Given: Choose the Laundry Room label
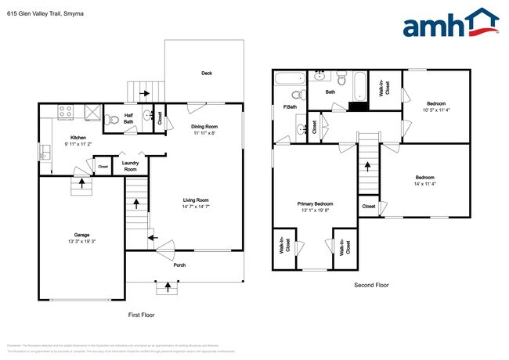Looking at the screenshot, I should click(x=129, y=166).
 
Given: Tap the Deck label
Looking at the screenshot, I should click(x=207, y=74).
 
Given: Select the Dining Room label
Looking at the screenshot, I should click(x=204, y=126).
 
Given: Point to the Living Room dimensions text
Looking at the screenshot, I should click(x=195, y=206).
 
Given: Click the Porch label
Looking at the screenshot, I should click(x=179, y=265).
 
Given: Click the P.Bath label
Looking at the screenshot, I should click(x=289, y=106).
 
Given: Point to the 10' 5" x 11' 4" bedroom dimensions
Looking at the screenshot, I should click(x=436, y=110).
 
